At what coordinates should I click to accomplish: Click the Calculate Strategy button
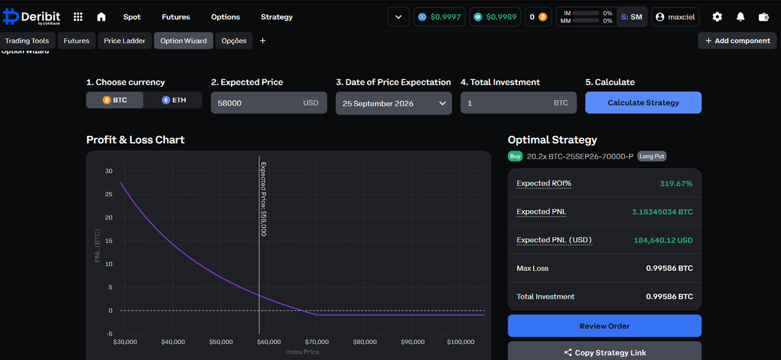tap(643, 103)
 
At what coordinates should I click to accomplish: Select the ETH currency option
tap(174, 100)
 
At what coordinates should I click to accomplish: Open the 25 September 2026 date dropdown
tap(394, 104)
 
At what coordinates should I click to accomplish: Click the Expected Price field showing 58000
tap(269, 103)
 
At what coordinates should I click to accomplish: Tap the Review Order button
tap(605, 325)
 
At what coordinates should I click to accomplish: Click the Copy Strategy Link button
tap(605, 352)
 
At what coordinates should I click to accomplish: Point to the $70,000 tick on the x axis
tap(316, 342)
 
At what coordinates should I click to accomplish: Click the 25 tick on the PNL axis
tap(109, 194)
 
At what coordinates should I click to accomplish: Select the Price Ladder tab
tap(124, 41)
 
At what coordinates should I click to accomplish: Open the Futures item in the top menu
tap(176, 17)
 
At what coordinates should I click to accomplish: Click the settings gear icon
tap(717, 17)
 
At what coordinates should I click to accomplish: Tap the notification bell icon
tap(741, 17)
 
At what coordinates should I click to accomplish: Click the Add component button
tap(737, 41)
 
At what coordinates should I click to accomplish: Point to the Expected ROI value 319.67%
tap(676, 184)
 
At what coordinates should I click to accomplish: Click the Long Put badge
tap(651, 156)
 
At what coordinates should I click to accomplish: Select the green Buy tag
tap(515, 156)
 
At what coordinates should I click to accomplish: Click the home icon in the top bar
tap(101, 17)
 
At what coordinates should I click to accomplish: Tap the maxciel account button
tap(676, 17)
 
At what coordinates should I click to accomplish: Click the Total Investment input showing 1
tap(519, 103)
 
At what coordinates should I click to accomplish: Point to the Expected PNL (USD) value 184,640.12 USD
tap(663, 240)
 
